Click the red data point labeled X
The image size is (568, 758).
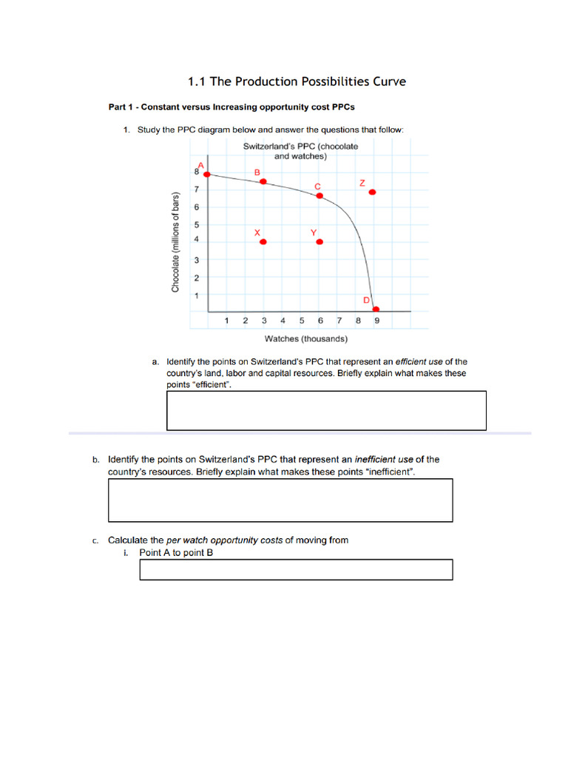pyautogui.click(x=263, y=242)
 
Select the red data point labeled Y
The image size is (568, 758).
pyautogui.click(x=319, y=242)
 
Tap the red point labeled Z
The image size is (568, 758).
pyautogui.click(x=372, y=192)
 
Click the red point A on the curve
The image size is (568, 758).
pyautogui.click(x=207, y=175)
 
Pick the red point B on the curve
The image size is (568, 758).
pyautogui.click(x=263, y=181)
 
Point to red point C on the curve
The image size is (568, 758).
pyautogui.click(x=319, y=195)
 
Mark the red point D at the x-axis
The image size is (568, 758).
pyautogui.click(x=376, y=309)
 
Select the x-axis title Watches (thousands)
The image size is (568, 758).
pyautogui.click(x=306, y=339)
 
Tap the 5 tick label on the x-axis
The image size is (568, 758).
pyautogui.click(x=302, y=321)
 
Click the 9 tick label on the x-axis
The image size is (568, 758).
pyautogui.click(x=376, y=321)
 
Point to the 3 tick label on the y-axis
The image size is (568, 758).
pyautogui.click(x=197, y=260)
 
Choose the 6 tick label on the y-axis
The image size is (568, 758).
pyautogui.click(x=197, y=207)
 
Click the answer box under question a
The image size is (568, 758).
pyautogui.click(x=326, y=410)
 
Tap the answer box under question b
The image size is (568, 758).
pyautogui.click(x=280, y=500)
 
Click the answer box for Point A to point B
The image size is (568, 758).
pyautogui.click(x=296, y=569)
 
